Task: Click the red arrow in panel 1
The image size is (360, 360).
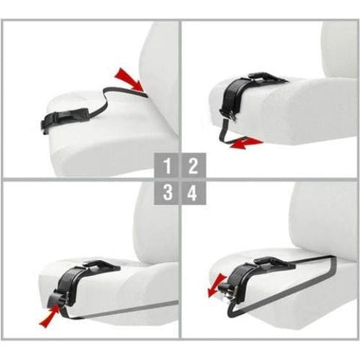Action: (128, 80)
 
